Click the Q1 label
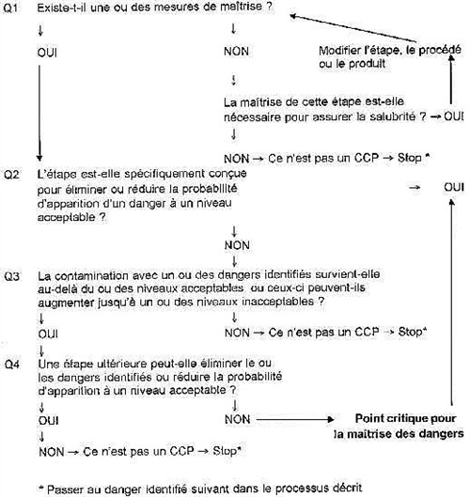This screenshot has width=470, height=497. pos(10,8)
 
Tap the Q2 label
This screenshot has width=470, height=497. pos(11,175)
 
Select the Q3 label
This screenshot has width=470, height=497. pos(11,276)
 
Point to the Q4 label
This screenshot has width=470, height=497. pos(12,365)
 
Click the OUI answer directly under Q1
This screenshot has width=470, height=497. pos(47,53)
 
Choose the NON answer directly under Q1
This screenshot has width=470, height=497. pos(236,52)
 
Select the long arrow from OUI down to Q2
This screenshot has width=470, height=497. pos(39,113)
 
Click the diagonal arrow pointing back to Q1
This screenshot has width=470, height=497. pos(353,28)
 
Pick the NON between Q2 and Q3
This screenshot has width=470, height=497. pos(237,245)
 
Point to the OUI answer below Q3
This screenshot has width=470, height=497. pos(48,334)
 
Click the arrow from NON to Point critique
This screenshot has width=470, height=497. pos(295,420)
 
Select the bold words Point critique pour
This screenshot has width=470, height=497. pos(406,419)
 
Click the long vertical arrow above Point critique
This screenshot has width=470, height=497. pos(452,303)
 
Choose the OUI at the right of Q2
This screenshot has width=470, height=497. pos(454,187)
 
